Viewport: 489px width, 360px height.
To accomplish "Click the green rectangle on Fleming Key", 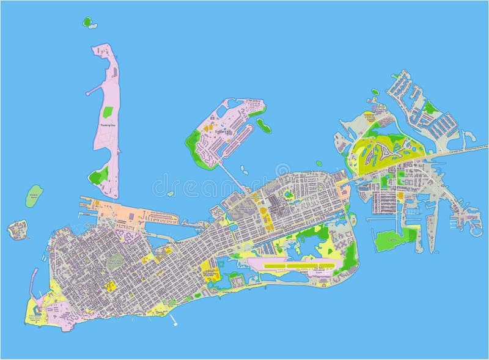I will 108,112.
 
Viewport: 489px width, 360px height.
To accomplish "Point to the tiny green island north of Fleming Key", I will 88,23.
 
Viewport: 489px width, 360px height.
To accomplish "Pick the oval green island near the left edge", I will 34,195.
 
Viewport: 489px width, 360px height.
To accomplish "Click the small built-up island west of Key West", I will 17,229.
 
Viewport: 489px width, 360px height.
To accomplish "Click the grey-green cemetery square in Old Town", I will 115,262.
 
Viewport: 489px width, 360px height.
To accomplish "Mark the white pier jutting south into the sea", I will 175,320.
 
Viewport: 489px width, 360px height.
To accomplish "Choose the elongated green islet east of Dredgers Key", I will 264,125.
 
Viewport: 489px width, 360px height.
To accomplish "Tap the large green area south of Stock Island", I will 391,239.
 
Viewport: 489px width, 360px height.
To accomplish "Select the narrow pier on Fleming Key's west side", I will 94,90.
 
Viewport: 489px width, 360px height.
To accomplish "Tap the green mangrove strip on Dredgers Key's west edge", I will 194,147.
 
